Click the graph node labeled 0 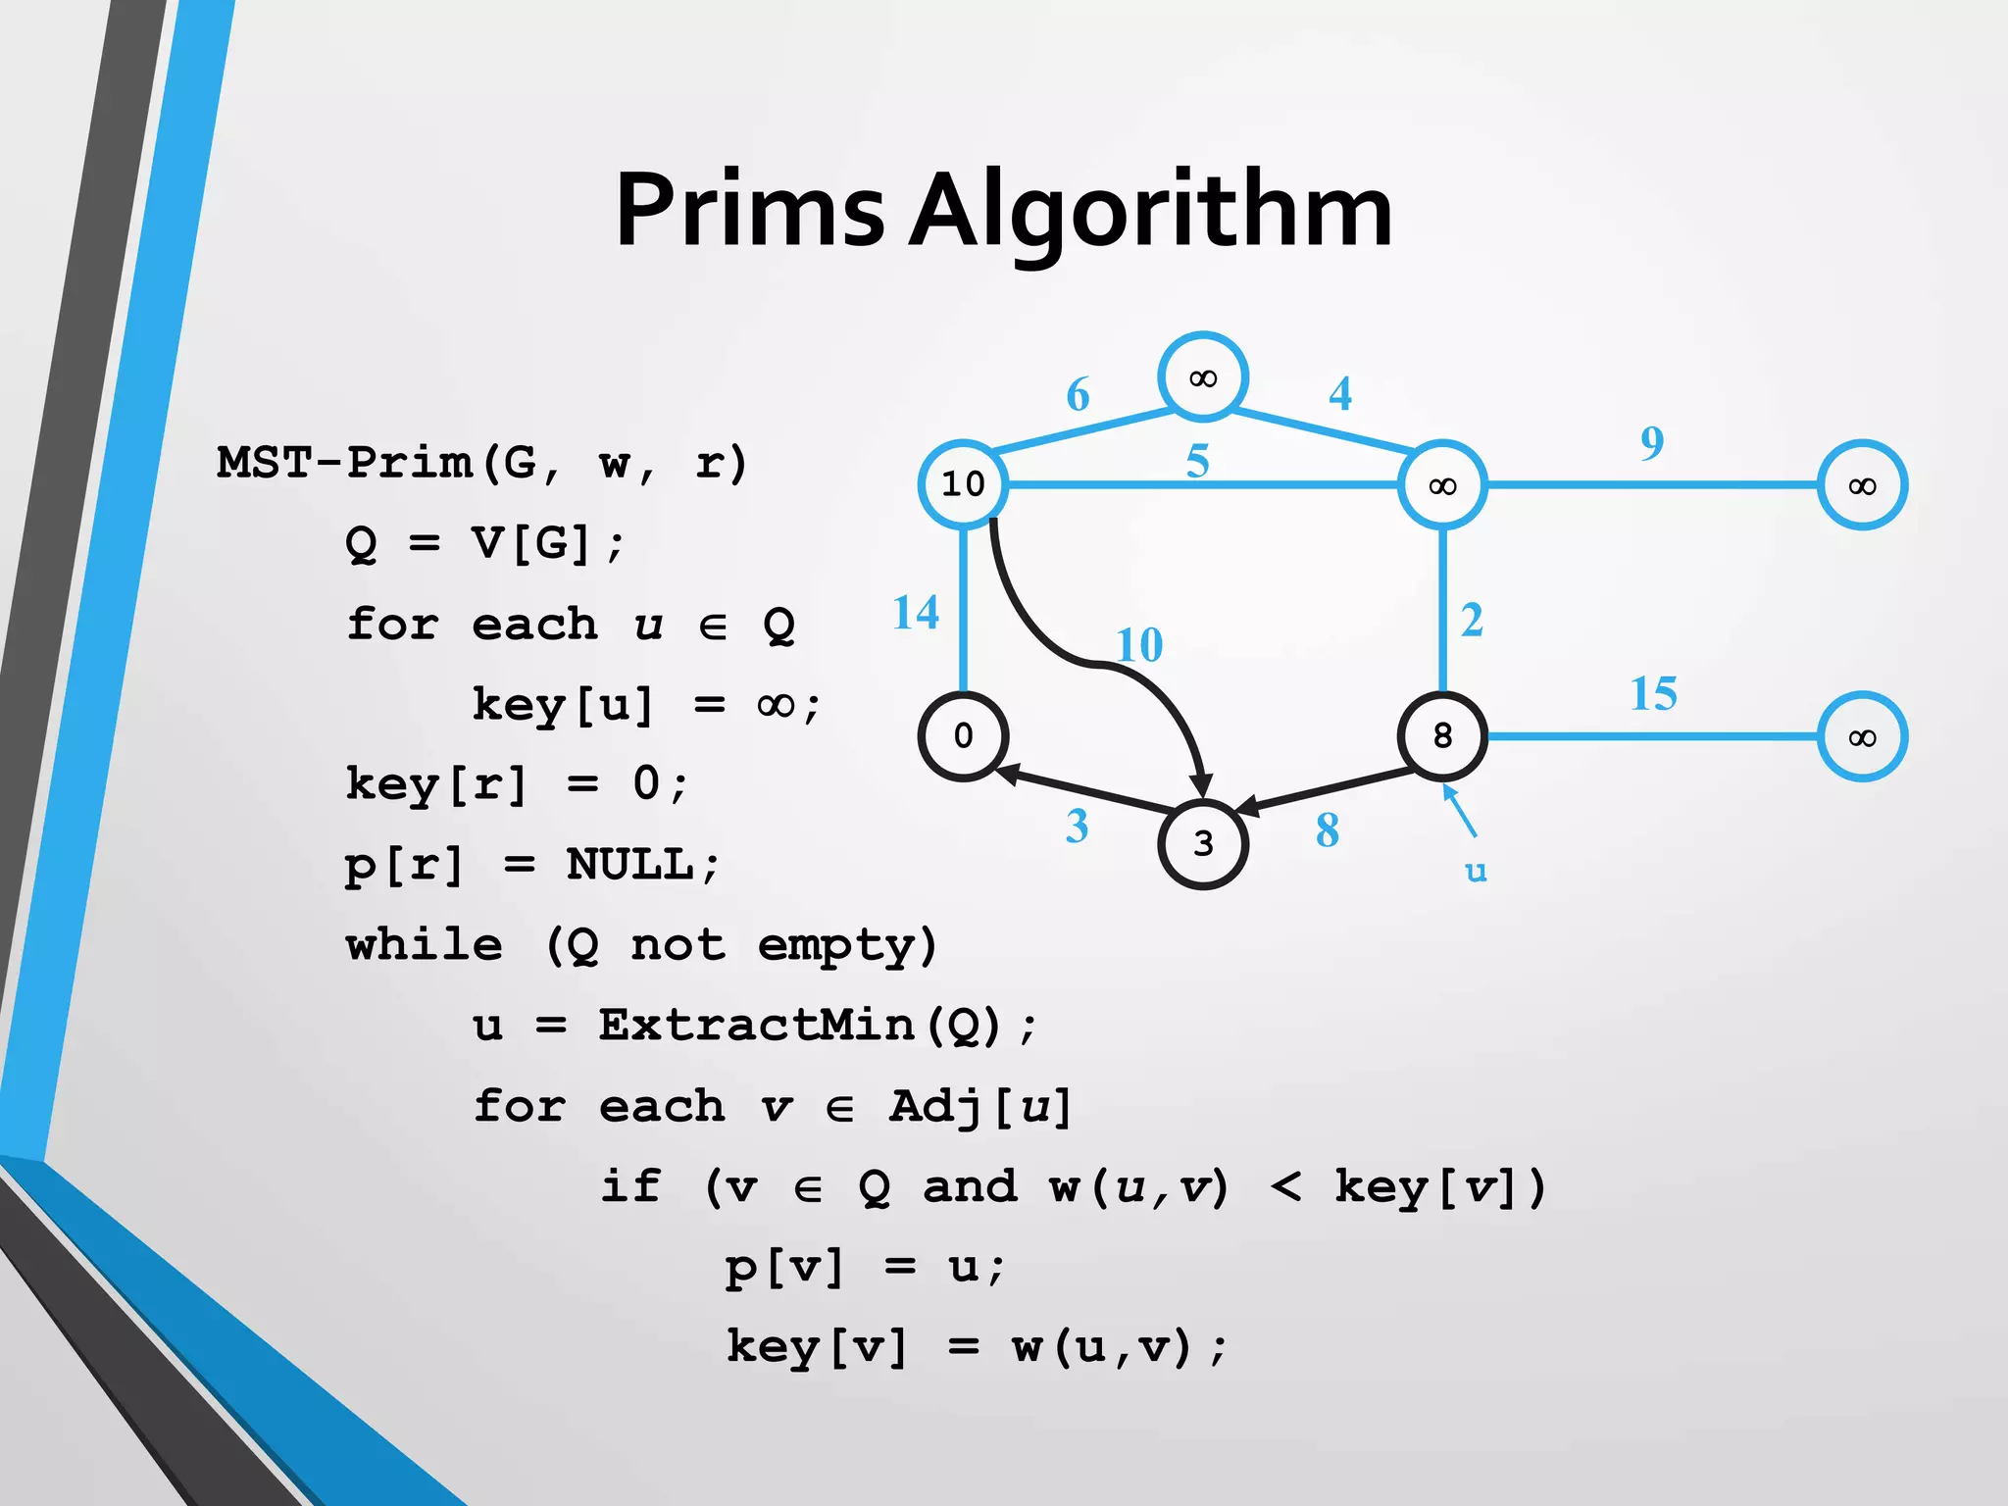963,735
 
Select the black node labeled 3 1203,843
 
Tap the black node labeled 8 1442,735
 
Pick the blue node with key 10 963,483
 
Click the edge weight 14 916,613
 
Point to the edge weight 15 1653,694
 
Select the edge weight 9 1652,443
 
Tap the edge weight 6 1078,395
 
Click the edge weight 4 1340,394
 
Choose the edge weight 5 1197,461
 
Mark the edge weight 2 1472,621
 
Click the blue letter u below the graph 1476,871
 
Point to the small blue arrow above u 1459,811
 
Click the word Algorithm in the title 1151,212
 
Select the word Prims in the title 750,210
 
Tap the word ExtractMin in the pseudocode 758,1026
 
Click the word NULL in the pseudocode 630,865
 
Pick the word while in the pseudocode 425,945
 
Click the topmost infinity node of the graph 1203,377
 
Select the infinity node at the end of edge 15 1862,737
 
